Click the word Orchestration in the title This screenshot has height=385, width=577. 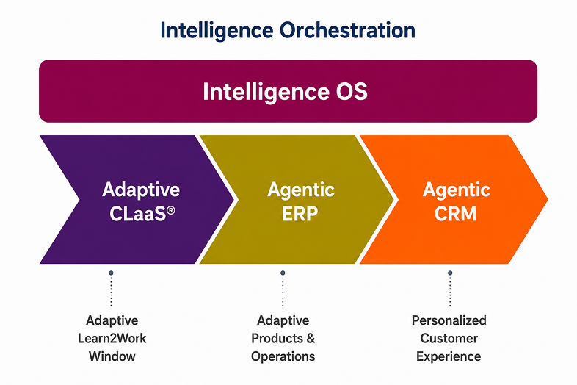[x=347, y=30]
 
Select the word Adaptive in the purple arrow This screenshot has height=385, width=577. [x=141, y=190]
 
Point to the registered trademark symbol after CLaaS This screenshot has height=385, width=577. [x=171, y=210]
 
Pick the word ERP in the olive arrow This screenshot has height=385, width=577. [x=300, y=213]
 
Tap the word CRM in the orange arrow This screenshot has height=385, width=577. [x=456, y=213]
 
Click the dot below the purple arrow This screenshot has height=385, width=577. [x=111, y=273]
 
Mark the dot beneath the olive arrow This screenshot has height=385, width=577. [x=283, y=273]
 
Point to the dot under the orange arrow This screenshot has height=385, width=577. [x=450, y=273]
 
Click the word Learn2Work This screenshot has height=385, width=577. [x=112, y=338]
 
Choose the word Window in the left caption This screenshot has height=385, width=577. [x=112, y=356]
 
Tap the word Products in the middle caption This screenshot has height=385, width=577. [x=277, y=338]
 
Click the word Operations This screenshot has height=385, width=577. [x=283, y=356]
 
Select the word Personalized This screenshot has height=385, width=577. [x=449, y=320]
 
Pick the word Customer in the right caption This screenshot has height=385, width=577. [x=449, y=338]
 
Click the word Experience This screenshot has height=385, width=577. [x=449, y=356]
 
